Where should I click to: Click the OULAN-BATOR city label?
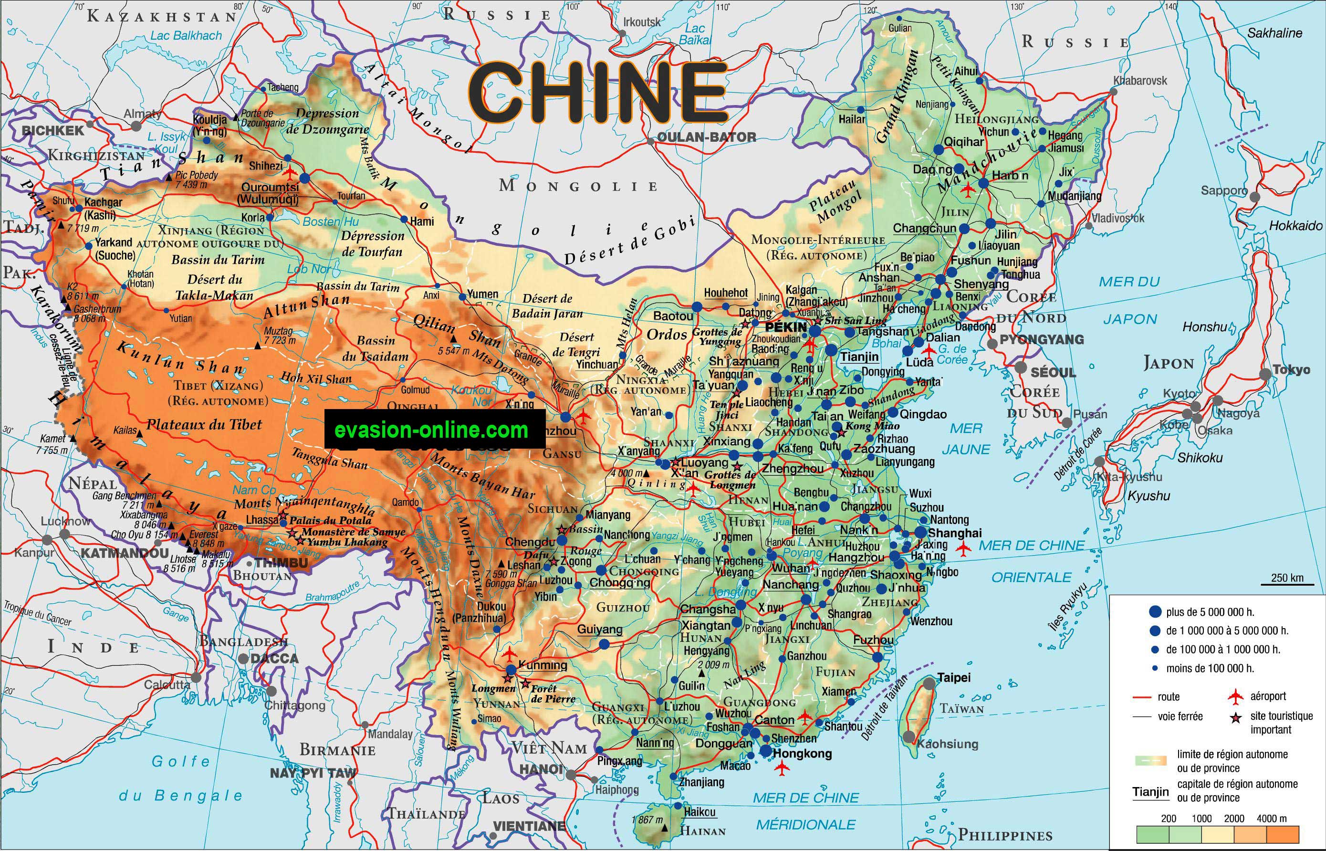[707, 137]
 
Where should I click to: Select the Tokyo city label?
[1291, 370]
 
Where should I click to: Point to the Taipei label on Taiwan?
[954, 677]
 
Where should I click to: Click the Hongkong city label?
[803, 754]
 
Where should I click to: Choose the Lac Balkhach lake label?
[186, 35]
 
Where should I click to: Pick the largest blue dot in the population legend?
[1155, 612]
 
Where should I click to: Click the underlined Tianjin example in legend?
[1150, 792]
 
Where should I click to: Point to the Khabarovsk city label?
[1140, 81]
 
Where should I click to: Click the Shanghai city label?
[955, 533]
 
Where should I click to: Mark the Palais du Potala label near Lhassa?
[330, 520]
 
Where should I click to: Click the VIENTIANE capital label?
[529, 826]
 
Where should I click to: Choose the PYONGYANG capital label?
[1042, 339]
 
